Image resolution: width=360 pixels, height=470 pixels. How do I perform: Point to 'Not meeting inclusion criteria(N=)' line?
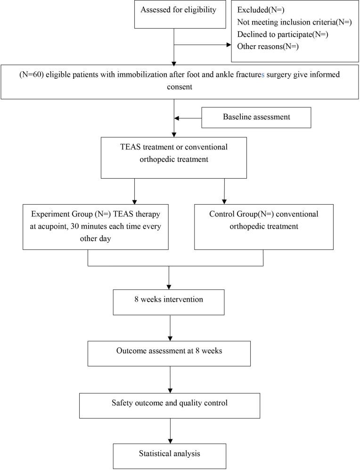(x=295, y=22)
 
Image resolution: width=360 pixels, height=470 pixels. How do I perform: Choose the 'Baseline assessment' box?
(x=256, y=117)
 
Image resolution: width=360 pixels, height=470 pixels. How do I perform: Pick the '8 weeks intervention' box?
(x=169, y=302)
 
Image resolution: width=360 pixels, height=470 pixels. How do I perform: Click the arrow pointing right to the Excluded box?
(x=228, y=46)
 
